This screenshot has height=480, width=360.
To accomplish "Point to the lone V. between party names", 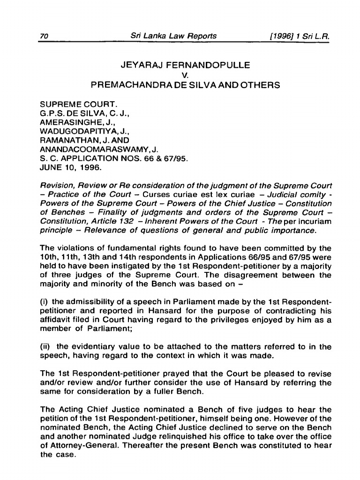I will [x=180, y=75].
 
